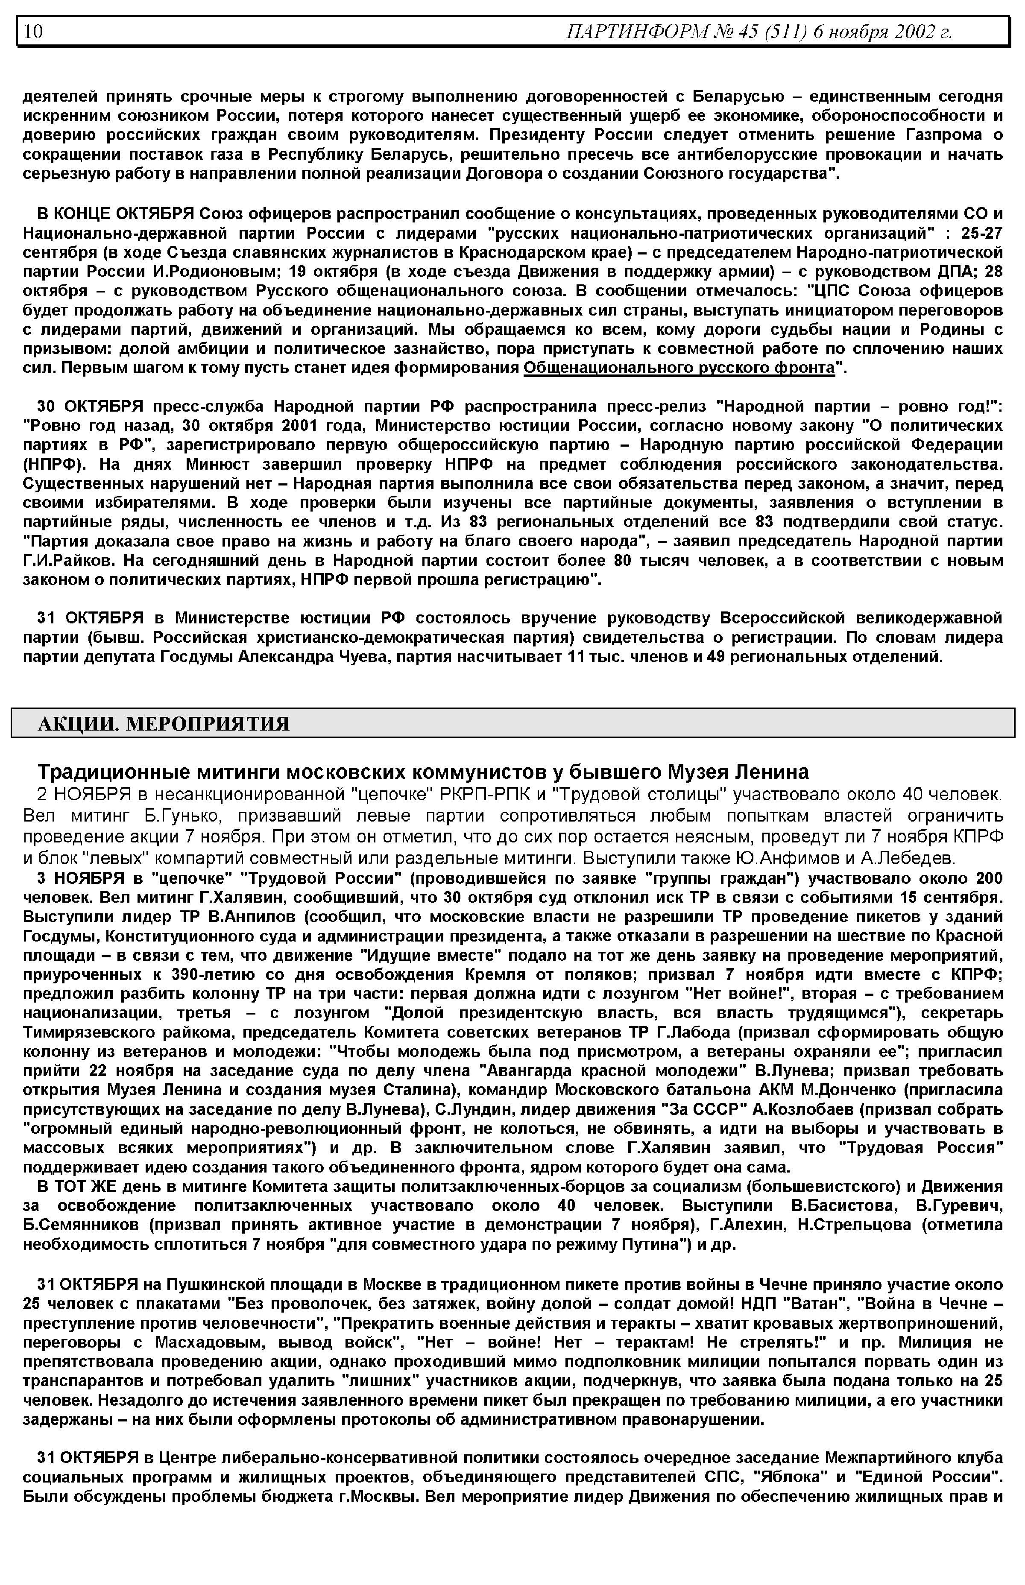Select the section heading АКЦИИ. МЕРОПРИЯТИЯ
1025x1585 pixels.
164,723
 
